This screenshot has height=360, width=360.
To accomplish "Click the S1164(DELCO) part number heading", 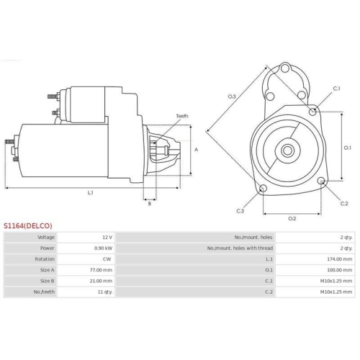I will pyautogui.click(x=27, y=225).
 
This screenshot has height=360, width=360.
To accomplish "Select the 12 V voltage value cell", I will pyautogui.click(x=107, y=237).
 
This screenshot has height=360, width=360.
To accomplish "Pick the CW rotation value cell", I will pyautogui.click(x=107, y=258).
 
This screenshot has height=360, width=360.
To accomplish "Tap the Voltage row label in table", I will pyautogui.click(x=46, y=237).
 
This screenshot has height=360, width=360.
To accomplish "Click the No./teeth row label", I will pyautogui.click(x=45, y=291).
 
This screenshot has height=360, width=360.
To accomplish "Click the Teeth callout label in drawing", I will pyautogui.click(x=181, y=115).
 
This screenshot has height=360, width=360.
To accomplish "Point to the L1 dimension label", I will pyautogui.click(x=91, y=192).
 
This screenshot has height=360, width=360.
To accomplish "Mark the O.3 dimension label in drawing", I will pyautogui.click(x=232, y=96).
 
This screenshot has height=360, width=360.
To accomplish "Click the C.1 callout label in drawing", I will pyautogui.click(x=336, y=89).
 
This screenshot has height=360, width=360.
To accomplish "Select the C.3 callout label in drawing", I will pyautogui.click(x=240, y=210).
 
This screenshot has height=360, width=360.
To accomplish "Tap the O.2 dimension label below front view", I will pyautogui.click(x=292, y=217).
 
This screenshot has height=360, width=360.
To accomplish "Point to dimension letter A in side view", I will pyautogui.click(x=196, y=150).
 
